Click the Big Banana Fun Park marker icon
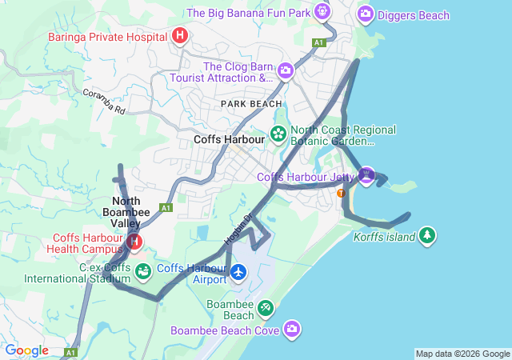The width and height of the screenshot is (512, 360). pyautogui.click(x=322, y=12)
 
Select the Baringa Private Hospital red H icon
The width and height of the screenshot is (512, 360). pyautogui.click(x=180, y=36)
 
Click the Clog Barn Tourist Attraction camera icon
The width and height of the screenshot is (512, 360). pyautogui.click(x=285, y=72)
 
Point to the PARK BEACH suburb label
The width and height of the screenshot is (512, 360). pyautogui.click(x=251, y=104)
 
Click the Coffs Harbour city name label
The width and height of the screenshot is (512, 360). pyautogui.click(x=229, y=139)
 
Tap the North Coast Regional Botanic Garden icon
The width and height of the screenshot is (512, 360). pyautogui.click(x=278, y=134)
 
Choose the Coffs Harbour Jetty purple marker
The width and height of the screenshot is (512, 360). pyautogui.click(x=366, y=174)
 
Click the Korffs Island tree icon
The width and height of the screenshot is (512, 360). pyautogui.click(x=428, y=235)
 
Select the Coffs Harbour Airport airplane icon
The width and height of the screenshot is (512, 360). pyautogui.click(x=238, y=273)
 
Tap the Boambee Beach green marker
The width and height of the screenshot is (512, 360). pyautogui.click(x=265, y=308)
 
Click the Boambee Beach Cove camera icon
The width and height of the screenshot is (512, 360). pyautogui.click(x=293, y=328)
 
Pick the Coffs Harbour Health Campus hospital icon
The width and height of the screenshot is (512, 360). pyautogui.click(x=134, y=240)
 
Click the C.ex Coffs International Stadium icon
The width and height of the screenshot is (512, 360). pyautogui.click(x=142, y=272)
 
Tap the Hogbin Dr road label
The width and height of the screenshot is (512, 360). pyautogui.click(x=238, y=227)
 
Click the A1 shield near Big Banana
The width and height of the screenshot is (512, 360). pyautogui.click(x=319, y=42)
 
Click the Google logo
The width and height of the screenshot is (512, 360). pyautogui.click(x=26, y=350)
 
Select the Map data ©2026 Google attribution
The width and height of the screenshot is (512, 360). pyautogui.click(x=462, y=354)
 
